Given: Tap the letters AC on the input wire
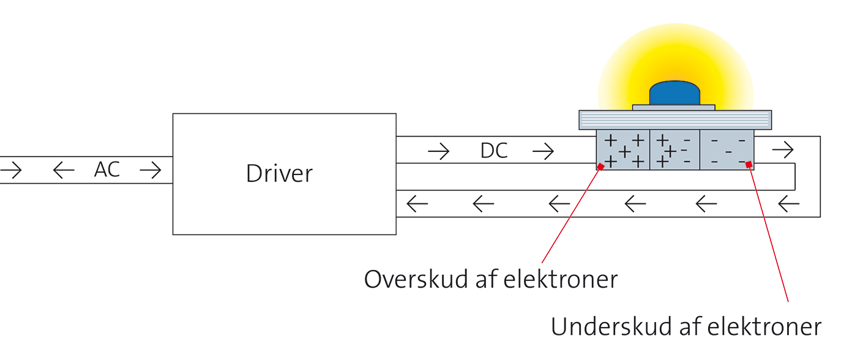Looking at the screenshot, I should pos(107,170).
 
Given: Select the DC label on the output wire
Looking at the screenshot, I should pos(494,151).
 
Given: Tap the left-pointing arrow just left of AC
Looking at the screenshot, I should pos(63,170).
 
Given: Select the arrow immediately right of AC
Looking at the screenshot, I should pos(151,170).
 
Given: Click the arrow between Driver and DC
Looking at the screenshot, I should pos(438,151).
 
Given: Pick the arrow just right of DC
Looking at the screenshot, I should pos(543,151).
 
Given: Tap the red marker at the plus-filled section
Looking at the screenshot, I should pos(600,167).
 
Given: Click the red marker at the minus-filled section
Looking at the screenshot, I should pos(749,164).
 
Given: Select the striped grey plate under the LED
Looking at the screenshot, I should pos(674,120).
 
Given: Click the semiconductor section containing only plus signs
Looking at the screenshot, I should pos(622,150).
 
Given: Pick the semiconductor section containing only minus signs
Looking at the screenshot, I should pos(727,150).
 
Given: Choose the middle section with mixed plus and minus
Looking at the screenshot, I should pos(674,150).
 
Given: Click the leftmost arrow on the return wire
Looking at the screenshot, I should pos(417,204).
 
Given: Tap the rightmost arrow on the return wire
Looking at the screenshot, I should pos(790,204).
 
